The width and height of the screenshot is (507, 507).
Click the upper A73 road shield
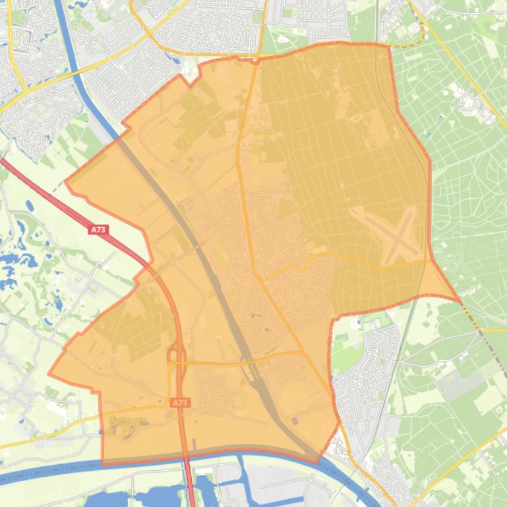tap(98, 230)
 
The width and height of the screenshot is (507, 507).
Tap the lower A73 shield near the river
tap(179, 402)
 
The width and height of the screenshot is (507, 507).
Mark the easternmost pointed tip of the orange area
tap(460, 301)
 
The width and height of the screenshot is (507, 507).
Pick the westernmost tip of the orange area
tap(49, 374)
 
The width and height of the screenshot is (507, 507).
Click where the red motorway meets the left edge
tap(2, 160)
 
